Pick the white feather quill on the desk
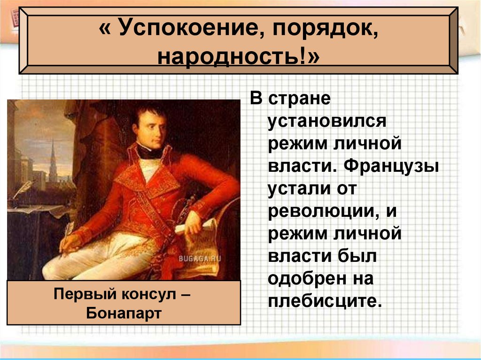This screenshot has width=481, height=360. (x=23, y=188)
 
